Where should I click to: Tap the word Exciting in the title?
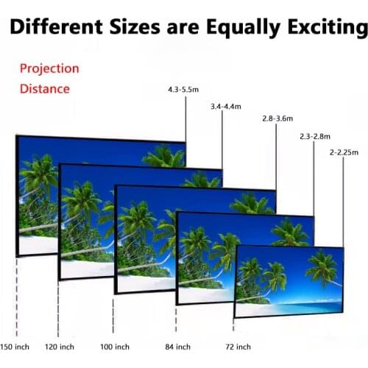[x=316, y=28]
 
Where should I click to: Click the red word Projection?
[x=49, y=68]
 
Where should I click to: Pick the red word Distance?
[x=45, y=89]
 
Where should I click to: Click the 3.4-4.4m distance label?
[x=225, y=107]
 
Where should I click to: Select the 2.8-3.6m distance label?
[x=277, y=118]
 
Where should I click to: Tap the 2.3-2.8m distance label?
[x=315, y=136]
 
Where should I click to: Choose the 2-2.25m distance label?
[x=344, y=152]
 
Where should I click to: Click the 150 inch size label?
[x=15, y=347]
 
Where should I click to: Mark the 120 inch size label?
[x=60, y=347]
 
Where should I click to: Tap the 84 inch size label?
[x=177, y=347]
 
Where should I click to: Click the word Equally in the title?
[x=236, y=28]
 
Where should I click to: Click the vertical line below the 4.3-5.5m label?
[x=185, y=118]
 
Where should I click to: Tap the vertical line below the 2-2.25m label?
[x=344, y=199]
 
